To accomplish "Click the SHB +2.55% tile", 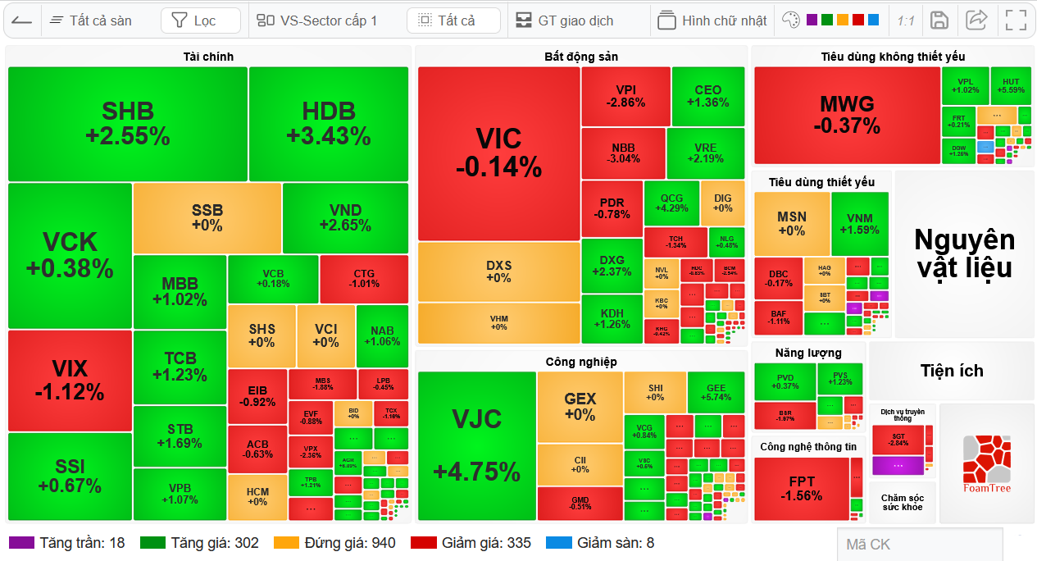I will (x=128, y=124).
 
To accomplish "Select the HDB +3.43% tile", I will (x=329, y=124).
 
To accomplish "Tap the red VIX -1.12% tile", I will (x=70, y=380).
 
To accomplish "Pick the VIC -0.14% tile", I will (x=498, y=153).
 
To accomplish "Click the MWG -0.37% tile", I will (x=847, y=115).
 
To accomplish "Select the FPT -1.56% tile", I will (x=801, y=489).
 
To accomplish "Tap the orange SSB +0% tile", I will (x=207, y=217).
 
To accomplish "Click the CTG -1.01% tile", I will (x=364, y=279).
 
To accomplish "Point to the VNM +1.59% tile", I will (x=860, y=223).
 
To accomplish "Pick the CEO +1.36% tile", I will (x=707, y=96).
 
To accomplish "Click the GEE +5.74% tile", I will (x=716, y=392).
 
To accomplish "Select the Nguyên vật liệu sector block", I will (x=964, y=253).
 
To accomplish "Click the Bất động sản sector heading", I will (x=581, y=57).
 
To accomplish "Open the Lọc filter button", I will (x=200, y=21).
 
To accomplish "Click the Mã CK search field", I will (x=918, y=544).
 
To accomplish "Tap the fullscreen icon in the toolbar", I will (x=1016, y=21).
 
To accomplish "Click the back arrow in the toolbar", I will (x=22, y=21).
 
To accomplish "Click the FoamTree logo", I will (x=986, y=463).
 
